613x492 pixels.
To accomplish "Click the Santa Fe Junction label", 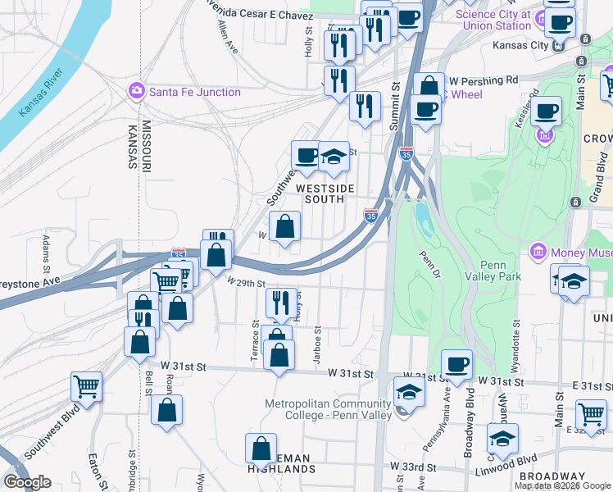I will pos(194,92).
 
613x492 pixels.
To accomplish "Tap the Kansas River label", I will pos(35,93).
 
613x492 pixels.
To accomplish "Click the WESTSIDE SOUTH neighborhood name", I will pos(325,194).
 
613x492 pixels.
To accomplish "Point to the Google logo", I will pos(27,482).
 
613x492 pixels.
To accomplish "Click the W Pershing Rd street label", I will pos(484,80).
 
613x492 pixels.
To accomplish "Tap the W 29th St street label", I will pos(247,284).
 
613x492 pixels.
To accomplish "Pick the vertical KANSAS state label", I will pos(132,147).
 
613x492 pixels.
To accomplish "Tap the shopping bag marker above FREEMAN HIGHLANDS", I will pos(261,449).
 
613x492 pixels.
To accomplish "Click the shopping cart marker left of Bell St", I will pos(86,385).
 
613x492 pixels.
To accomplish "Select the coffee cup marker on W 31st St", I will pos(456,363).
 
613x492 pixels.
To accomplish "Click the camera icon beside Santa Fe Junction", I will pos(138,92).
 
